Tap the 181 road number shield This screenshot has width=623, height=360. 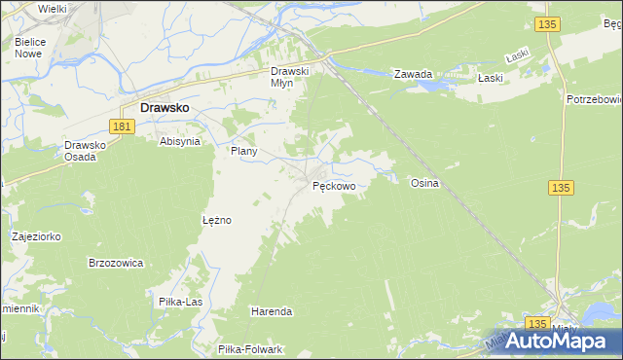click(x=122, y=126)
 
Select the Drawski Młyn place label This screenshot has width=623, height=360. click(x=289, y=77)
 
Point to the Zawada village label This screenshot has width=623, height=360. click(x=412, y=74)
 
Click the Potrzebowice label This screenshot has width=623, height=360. click(x=593, y=99)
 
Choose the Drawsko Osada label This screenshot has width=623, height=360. click(x=84, y=151)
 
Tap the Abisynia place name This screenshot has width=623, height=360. click(x=180, y=141)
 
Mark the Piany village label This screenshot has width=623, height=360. click(x=242, y=152)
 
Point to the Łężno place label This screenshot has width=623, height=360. click(x=216, y=220)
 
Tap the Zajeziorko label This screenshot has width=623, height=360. click(x=37, y=236)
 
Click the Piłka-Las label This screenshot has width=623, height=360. click(x=180, y=302)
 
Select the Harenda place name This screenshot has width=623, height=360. click(x=272, y=311)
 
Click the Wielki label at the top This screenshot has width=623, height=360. click(x=52, y=9)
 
